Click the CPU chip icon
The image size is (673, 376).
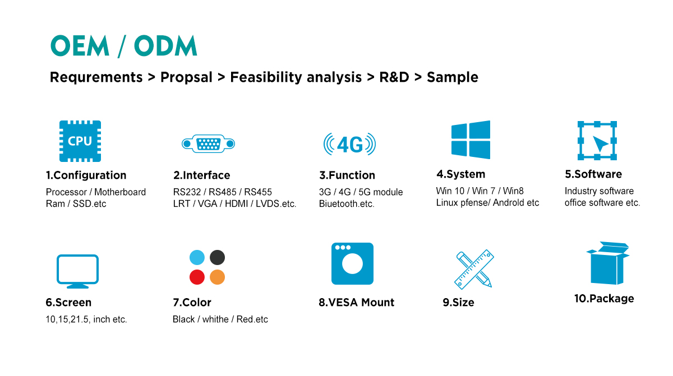(80, 141)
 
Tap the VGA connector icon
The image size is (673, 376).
(208, 144)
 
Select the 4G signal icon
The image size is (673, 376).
(349, 144)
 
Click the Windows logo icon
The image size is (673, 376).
(471, 140)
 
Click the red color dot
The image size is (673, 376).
(197, 277)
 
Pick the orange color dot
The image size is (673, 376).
(217, 277)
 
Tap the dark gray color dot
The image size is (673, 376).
(217, 257)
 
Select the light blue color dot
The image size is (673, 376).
(197, 257)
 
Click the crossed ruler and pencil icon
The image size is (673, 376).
(474, 269)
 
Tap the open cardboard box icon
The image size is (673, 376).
(607, 263)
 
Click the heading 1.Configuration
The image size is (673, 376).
(86, 175)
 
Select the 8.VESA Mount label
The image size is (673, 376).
(356, 303)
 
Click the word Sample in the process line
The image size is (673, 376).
(453, 77)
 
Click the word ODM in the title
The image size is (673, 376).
(165, 45)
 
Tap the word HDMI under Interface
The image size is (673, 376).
(237, 204)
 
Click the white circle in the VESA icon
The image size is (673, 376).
(352, 264)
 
